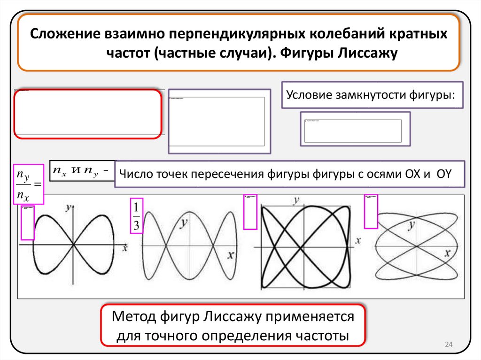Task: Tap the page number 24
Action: point(448,345)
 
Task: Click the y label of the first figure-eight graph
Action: point(69,206)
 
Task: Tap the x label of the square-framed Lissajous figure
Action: point(358,240)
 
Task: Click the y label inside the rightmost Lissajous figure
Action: point(412,226)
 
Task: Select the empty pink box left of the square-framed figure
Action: point(250,212)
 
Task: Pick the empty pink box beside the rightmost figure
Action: point(371,211)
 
